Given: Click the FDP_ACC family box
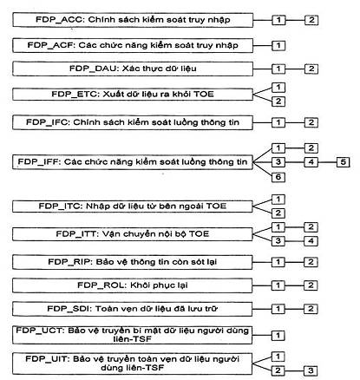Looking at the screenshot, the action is [x=133, y=20].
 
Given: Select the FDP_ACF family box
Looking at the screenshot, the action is [x=133, y=45].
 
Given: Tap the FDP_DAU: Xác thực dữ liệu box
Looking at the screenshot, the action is [x=133, y=69].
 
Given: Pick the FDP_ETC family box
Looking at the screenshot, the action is [x=133, y=95].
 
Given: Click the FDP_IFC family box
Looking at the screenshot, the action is [x=133, y=122].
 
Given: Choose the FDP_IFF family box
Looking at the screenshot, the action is [x=133, y=162].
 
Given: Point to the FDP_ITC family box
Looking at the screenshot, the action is [x=133, y=206].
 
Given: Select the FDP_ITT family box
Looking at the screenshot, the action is [x=133, y=234].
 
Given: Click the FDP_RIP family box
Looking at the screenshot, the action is [x=133, y=262].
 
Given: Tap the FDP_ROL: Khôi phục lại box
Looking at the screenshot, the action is [x=133, y=285].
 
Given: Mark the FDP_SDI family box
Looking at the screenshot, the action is [x=133, y=309].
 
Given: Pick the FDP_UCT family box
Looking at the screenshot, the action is [x=133, y=335].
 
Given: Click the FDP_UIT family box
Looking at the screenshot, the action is [x=132, y=364].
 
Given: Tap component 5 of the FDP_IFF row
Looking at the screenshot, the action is [x=344, y=161].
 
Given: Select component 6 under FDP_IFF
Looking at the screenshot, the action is [x=278, y=177].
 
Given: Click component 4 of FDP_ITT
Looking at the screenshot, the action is [x=311, y=240].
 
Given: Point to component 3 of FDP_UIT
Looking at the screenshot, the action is [x=311, y=370].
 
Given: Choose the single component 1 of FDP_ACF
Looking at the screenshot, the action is [x=278, y=45].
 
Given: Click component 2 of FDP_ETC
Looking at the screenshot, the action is [x=278, y=102].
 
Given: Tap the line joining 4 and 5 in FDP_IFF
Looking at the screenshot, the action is [x=327, y=162].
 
